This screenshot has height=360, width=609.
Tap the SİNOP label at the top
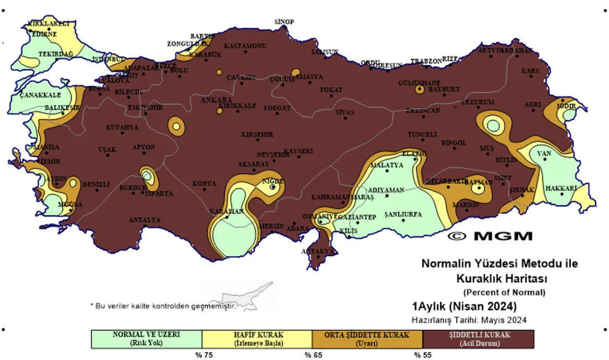284,22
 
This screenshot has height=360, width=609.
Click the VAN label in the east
545,153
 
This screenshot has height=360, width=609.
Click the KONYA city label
204,183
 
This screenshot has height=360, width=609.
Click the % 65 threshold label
313,354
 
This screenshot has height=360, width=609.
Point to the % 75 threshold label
203,354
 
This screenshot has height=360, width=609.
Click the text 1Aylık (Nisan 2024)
464,306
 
